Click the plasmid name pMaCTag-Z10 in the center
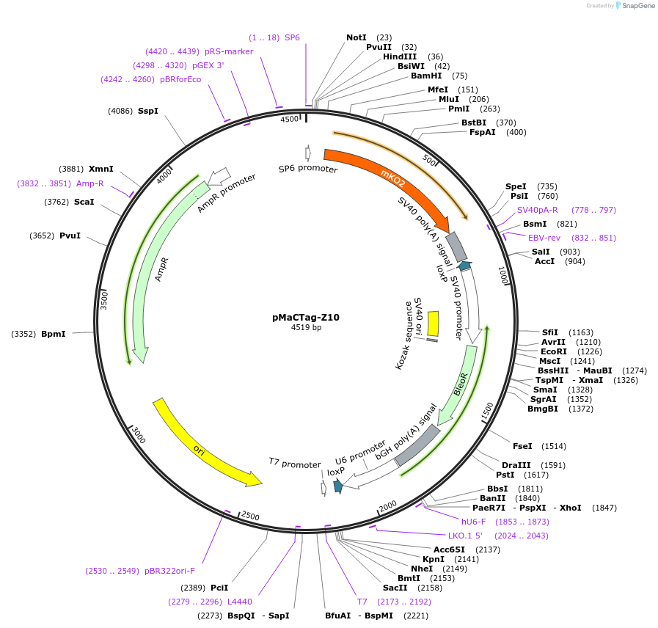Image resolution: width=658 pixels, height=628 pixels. coord(305,318)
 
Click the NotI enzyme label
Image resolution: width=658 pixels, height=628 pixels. coord(357,37)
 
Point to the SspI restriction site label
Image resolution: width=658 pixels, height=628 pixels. coord(148,111)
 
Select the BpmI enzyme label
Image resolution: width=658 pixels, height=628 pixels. coord(53,334)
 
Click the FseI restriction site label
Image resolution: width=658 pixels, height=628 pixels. coord(522,446)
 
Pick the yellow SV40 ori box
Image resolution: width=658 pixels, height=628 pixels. coord(434,324)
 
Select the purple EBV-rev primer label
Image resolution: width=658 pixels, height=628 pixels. coord(544,238)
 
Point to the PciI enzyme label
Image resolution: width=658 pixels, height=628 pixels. coord(219,588)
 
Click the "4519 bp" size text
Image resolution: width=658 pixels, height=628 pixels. coord(306,328)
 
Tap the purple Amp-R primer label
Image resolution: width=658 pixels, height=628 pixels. coord(90,183)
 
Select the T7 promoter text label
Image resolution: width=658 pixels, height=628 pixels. coord(294,464)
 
